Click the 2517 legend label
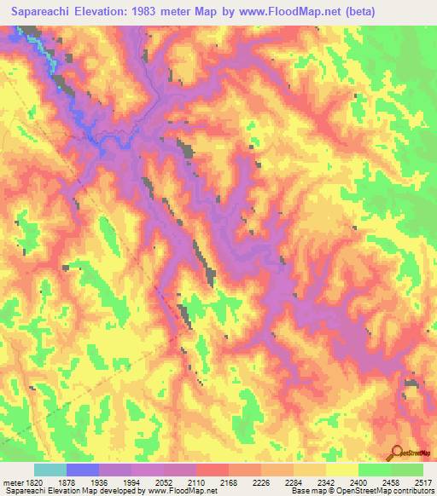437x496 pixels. [422, 482]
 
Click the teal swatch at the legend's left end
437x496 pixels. [50, 470]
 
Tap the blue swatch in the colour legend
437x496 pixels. [83, 470]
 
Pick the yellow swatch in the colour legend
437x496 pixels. [342, 470]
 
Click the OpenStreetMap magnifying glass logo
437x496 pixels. [395, 454]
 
